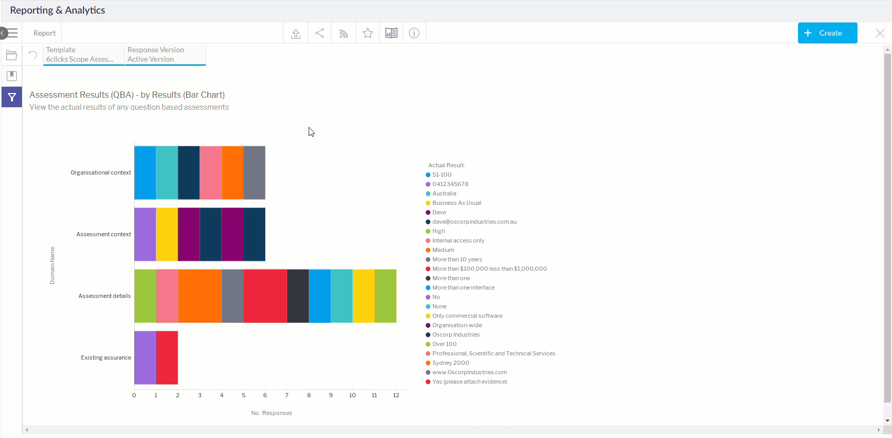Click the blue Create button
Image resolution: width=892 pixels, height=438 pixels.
[x=827, y=33]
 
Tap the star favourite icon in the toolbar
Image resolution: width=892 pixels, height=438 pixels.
[x=368, y=33]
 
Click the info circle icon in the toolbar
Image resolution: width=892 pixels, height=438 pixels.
[x=414, y=33]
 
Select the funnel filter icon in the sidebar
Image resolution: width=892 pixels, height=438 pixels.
[x=11, y=97]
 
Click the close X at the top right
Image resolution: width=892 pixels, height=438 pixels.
[x=880, y=33]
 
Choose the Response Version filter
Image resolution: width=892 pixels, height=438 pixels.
[x=165, y=54]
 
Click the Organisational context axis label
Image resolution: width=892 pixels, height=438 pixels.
[x=101, y=172]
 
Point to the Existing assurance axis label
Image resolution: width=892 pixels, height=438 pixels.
[x=106, y=358]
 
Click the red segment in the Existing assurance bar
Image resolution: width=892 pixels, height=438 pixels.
[x=167, y=358]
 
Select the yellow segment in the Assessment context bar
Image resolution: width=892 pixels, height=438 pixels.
[x=167, y=234]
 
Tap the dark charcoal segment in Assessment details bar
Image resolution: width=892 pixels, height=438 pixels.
[x=298, y=296]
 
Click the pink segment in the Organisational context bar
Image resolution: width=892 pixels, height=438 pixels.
[x=210, y=172]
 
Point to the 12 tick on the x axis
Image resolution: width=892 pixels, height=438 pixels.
[x=396, y=395]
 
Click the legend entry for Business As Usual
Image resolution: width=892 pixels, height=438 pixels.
[x=456, y=203]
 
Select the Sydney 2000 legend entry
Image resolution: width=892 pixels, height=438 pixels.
[x=451, y=363]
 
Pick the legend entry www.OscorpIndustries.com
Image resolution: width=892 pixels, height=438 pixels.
[x=470, y=372]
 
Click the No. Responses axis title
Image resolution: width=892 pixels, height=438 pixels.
[x=272, y=413]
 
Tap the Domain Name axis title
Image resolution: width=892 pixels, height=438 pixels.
[x=52, y=265]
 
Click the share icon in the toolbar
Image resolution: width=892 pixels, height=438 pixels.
[x=320, y=33]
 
